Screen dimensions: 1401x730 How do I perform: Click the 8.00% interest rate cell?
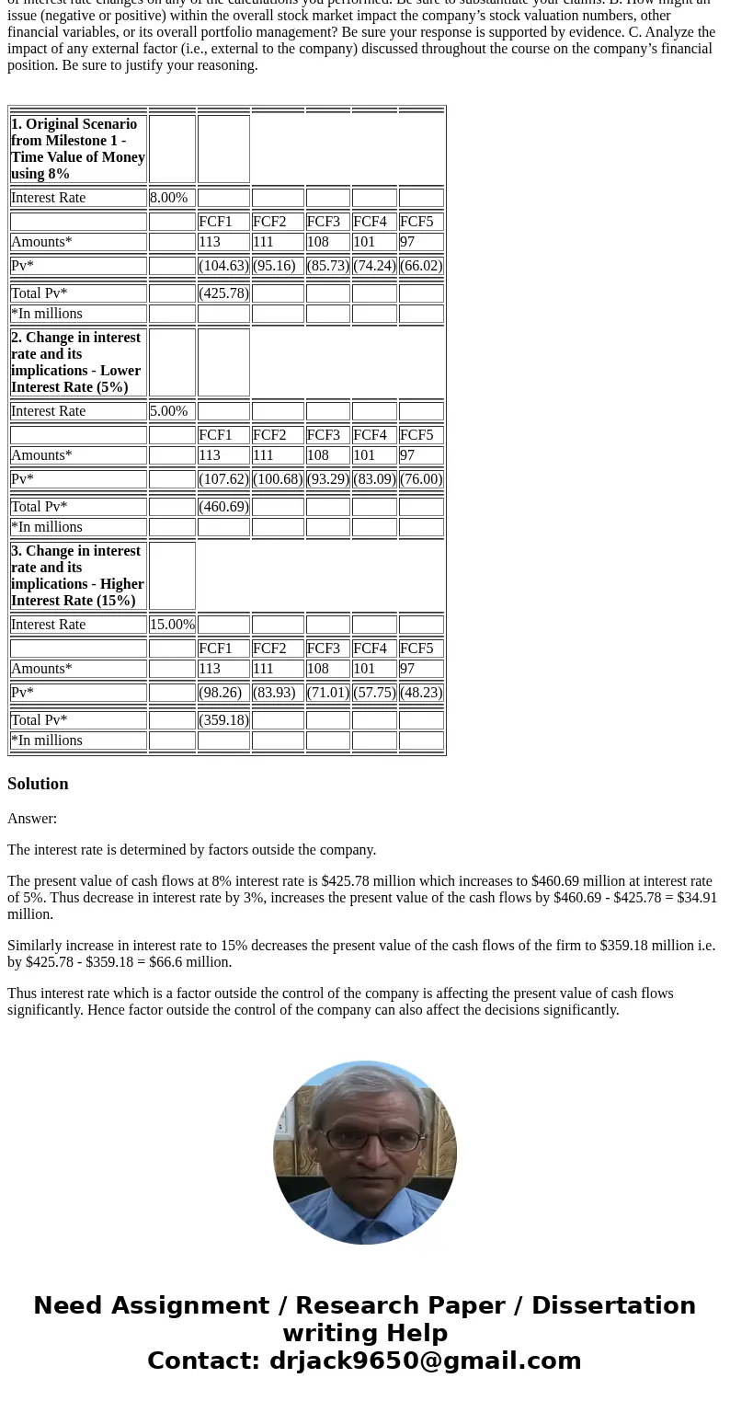click(169, 198)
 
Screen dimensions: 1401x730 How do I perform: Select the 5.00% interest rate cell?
click(169, 411)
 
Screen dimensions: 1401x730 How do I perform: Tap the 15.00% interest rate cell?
click(172, 625)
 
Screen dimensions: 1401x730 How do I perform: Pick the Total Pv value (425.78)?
click(223, 293)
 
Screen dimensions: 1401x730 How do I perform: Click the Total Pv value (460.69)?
click(223, 507)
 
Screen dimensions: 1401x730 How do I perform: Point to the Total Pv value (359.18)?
click(223, 720)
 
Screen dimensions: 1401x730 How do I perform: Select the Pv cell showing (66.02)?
click(421, 266)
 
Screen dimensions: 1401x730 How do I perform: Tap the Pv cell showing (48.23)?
click(421, 693)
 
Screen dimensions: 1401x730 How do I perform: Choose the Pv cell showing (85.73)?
click(327, 266)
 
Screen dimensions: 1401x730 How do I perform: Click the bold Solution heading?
click(38, 784)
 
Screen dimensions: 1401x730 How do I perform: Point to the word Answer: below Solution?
click(32, 819)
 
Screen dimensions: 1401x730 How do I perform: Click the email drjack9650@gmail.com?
click(425, 1361)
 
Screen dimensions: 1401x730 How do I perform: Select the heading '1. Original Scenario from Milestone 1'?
click(78, 149)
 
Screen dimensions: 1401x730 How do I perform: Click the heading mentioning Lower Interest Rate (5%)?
click(76, 362)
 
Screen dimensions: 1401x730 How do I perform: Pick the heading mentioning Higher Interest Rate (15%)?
click(78, 576)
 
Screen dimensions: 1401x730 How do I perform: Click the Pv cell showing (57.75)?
click(374, 693)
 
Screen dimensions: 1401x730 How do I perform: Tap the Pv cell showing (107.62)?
click(223, 479)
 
